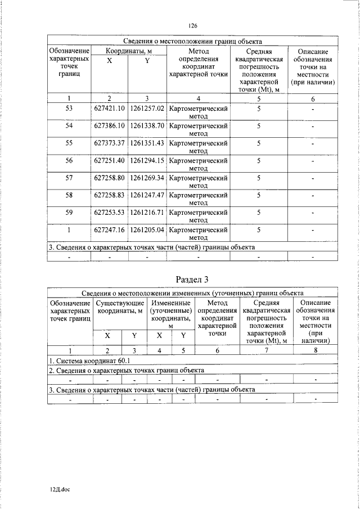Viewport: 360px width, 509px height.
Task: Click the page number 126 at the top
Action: tap(193, 26)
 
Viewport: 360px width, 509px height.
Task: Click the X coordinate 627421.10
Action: tap(109, 107)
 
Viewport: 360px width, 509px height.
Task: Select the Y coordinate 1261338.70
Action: tap(146, 125)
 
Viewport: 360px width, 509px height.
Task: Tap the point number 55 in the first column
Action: tap(69, 143)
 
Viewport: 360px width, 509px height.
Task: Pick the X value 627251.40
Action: tap(109, 160)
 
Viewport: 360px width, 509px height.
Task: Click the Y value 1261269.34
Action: tap(146, 178)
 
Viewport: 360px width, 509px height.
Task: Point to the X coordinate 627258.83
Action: tap(109, 195)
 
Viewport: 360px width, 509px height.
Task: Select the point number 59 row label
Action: tap(69, 213)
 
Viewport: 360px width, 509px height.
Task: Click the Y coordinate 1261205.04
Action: tap(146, 230)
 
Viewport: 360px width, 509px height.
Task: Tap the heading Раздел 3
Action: tap(192, 280)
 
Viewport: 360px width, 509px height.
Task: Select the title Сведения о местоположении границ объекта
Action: tap(192, 41)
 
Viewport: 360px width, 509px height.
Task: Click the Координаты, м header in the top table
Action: tap(128, 51)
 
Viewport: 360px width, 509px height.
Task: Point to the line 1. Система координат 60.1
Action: tap(89, 360)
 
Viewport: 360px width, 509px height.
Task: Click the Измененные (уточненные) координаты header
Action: tap(170, 314)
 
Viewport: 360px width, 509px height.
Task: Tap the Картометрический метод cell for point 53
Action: tap(198, 111)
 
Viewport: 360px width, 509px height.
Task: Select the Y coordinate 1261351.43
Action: tap(146, 143)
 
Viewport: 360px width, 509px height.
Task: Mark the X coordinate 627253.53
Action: tap(109, 213)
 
